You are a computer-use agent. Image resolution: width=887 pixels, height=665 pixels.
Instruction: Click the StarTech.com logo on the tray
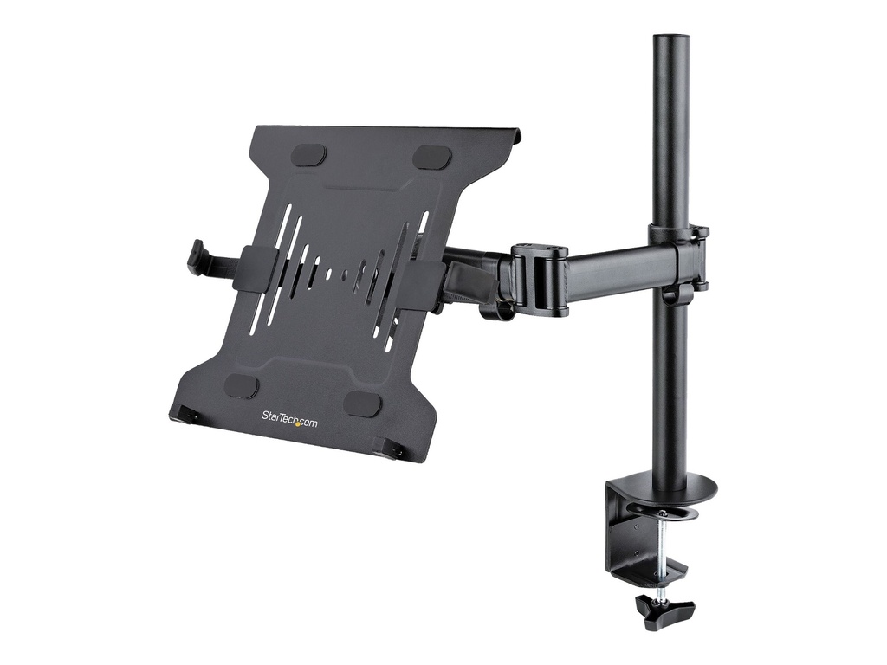[x=289, y=419]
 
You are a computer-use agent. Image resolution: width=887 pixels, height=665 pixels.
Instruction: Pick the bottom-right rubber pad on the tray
[x=361, y=404]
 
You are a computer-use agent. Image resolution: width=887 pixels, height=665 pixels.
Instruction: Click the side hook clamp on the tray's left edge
[x=198, y=258]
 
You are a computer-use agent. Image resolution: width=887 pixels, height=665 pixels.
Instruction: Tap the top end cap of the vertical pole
[x=670, y=39]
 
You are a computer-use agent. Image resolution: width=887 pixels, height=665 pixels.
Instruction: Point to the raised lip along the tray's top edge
[x=390, y=130]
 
